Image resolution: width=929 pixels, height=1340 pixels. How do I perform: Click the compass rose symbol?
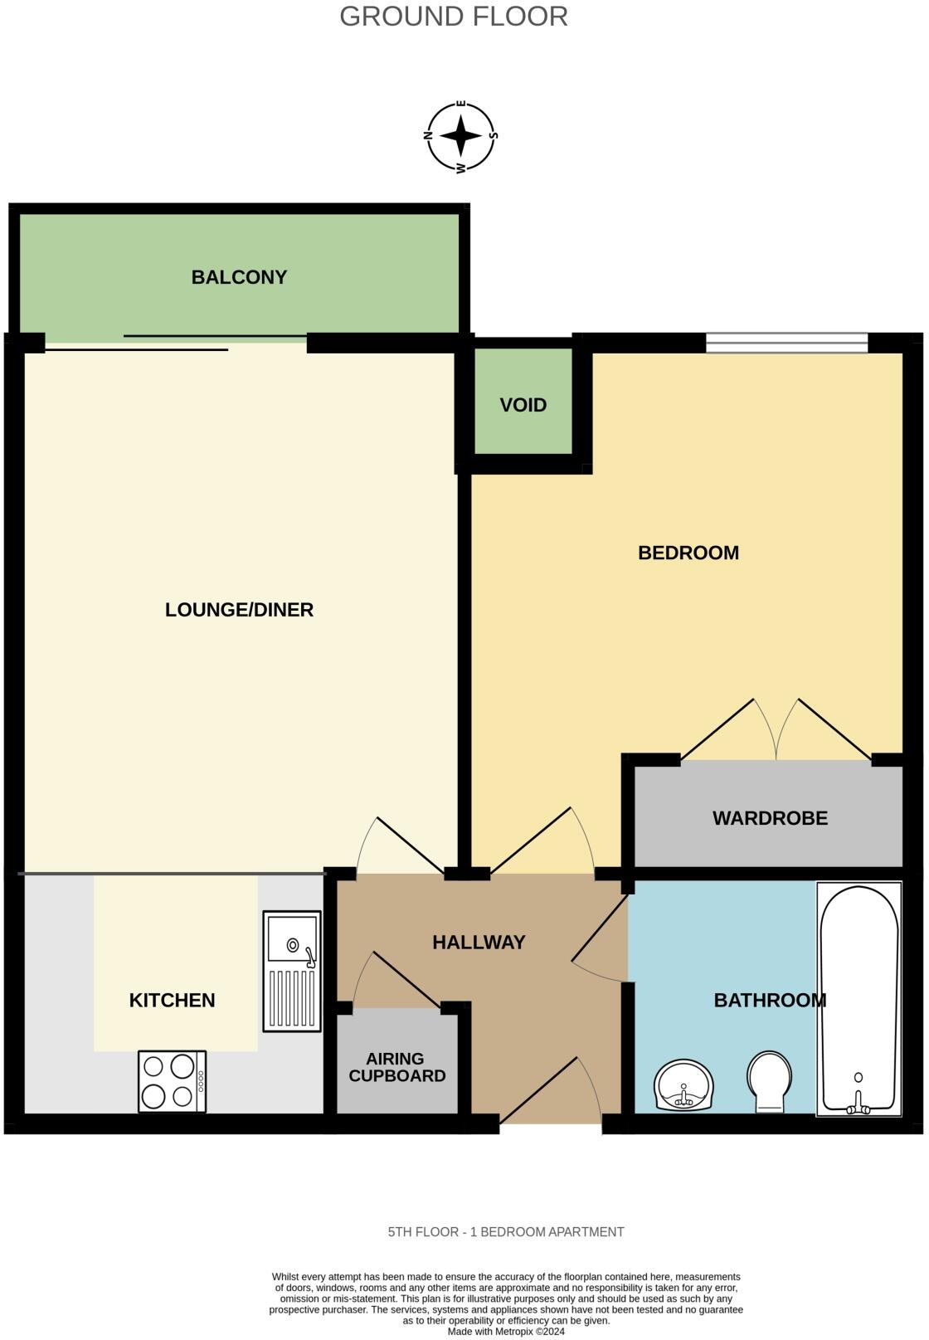(x=461, y=136)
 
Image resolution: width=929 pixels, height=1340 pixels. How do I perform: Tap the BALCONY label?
(x=239, y=277)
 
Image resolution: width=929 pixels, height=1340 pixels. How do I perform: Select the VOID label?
(x=523, y=405)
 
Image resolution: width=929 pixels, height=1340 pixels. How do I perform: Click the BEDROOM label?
(x=688, y=553)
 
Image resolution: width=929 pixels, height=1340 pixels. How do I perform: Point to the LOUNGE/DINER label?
(x=239, y=610)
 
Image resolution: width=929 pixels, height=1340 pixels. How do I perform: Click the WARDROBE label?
(x=770, y=818)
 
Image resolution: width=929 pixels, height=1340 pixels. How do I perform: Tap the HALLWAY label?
(x=479, y=943)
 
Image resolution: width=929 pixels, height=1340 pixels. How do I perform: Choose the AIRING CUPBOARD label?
(x=396, y=1067)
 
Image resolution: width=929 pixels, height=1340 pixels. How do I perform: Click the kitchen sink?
(x=292, y=971)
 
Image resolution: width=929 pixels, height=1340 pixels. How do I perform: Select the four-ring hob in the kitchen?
(x=172, y=1081)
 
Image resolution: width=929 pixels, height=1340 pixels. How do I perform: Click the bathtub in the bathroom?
(x=858, y=999)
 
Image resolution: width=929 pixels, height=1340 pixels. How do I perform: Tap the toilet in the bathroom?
(x=770, y=1080)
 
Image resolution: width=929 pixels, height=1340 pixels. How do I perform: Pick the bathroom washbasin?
(x=683, y=1084)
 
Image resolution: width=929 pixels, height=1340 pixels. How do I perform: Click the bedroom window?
(x=786, y=342)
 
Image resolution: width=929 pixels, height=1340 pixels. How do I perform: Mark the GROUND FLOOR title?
(x=454, y=17)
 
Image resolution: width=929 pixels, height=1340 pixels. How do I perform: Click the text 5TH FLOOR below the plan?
(x=423, y=1232)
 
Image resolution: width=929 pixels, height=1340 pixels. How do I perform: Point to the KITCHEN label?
(x=172, y=1001)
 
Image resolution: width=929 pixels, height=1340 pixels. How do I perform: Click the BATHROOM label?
(x=769, y=1001)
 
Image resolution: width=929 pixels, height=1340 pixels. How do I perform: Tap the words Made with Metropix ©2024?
(x=506, y=1332)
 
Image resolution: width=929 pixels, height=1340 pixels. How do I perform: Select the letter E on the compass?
(x=462, y=105)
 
